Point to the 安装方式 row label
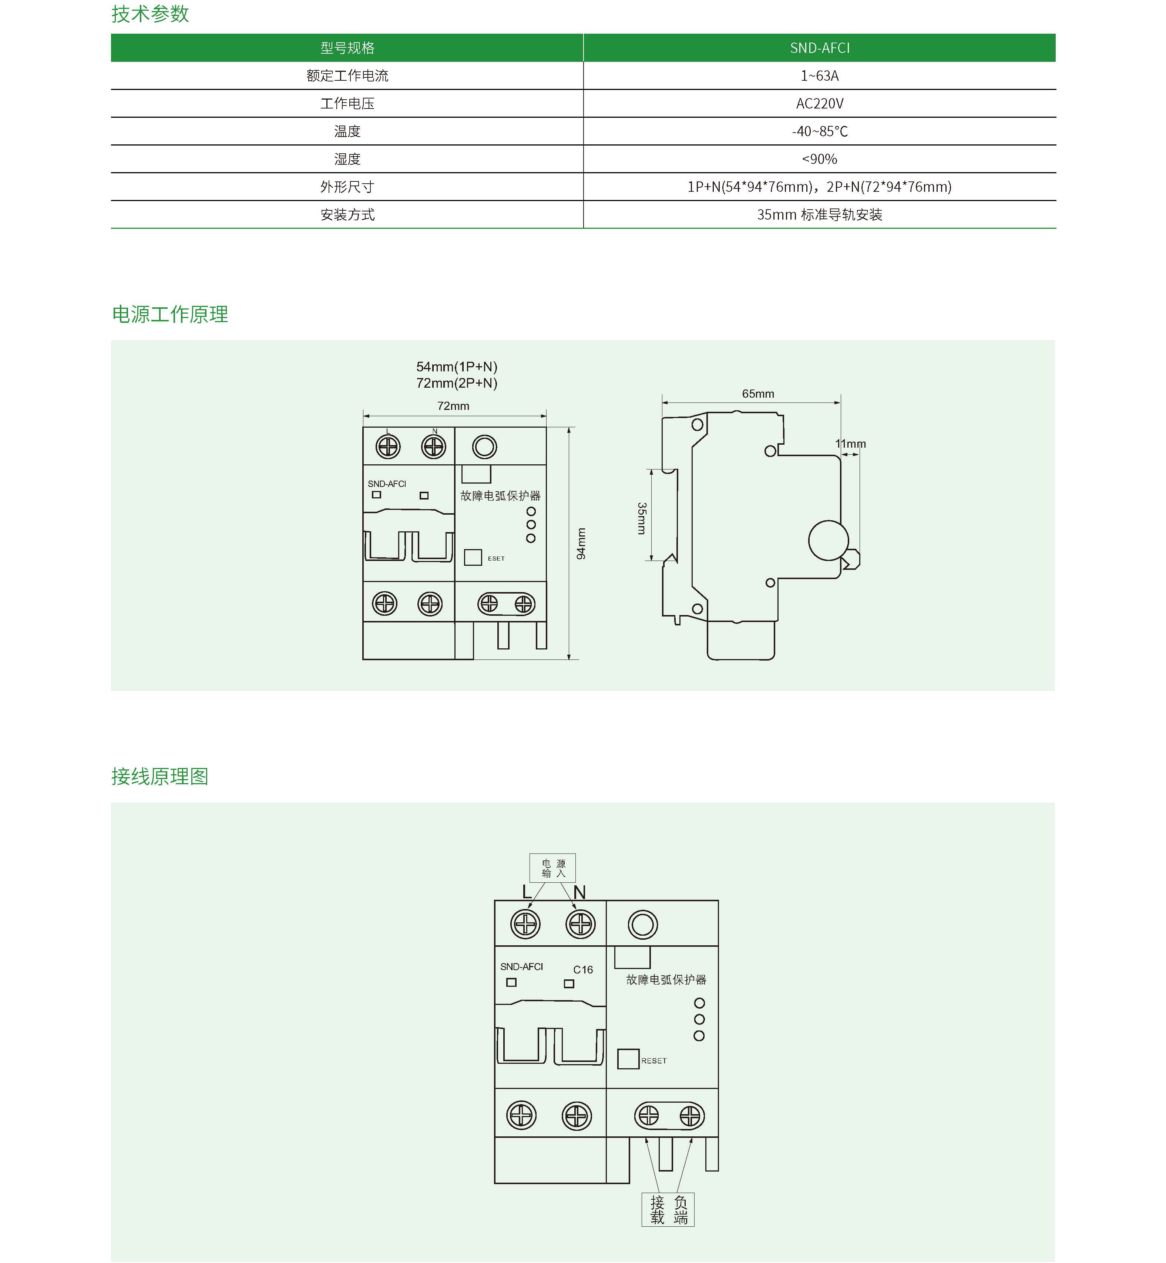tap(347, 215)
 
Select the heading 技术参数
tap(150, 14)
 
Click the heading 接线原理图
tap(159, 776)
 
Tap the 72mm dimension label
tap(453, 406)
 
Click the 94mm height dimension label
tap(581, 544)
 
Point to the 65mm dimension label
tap(758, 394)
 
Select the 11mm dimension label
tap(850, 444)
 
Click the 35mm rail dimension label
tap(642, 518)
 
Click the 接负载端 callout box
tap(668, 1210)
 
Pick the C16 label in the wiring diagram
tap(583, 969)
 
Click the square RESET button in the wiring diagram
tap(628, 1059)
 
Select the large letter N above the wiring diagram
tap(579, 892)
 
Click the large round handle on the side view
tap(828, 540)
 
